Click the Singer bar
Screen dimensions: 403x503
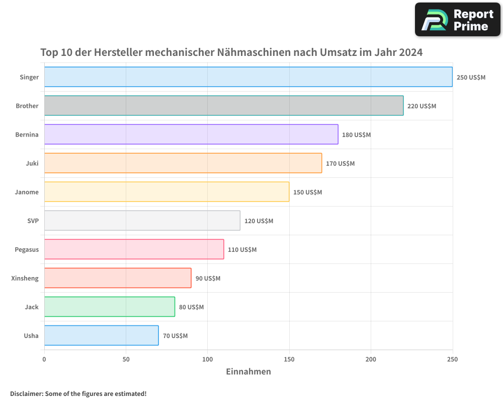[248, 77]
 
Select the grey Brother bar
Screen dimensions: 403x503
[224, 106]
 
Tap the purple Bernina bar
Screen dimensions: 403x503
[191, 135]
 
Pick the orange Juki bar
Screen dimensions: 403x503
[183, 163]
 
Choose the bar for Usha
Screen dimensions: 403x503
[101, 335]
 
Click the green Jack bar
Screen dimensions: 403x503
[110, 307]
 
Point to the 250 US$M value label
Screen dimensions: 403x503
[471, 78]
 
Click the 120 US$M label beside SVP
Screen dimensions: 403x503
[259, 221]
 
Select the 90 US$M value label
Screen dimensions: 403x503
[208, 279]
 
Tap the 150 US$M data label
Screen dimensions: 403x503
[307, 192]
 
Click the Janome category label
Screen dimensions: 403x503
[27, 192]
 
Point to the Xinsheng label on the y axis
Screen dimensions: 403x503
[25, 278]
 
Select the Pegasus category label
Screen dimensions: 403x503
[27, 249]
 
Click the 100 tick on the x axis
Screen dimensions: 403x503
[207, 359]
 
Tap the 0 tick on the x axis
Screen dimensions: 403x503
[44, 359]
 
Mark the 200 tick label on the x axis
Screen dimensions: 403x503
[371, 359]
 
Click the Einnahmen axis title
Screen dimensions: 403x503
[248, 372]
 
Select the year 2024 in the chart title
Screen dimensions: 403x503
[411, 52]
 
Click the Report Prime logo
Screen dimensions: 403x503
[458, 20]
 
